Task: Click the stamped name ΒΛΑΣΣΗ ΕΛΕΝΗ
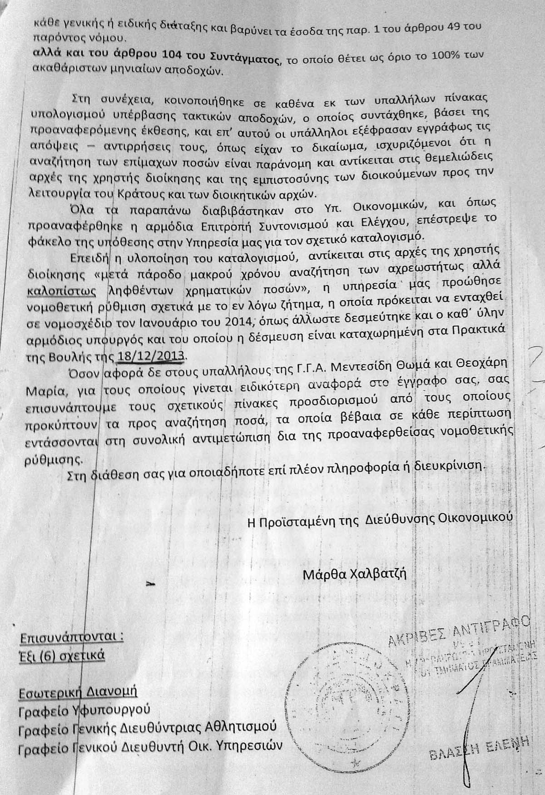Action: (x=479, y=746)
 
